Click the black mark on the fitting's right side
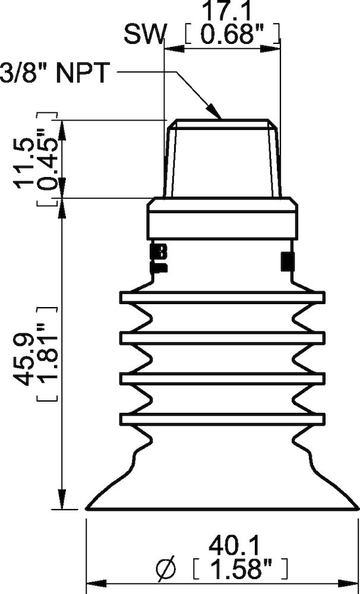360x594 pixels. coord(287,260)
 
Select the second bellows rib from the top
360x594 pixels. coord(222,337)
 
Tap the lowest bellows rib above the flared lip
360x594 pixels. coord(222,419)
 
